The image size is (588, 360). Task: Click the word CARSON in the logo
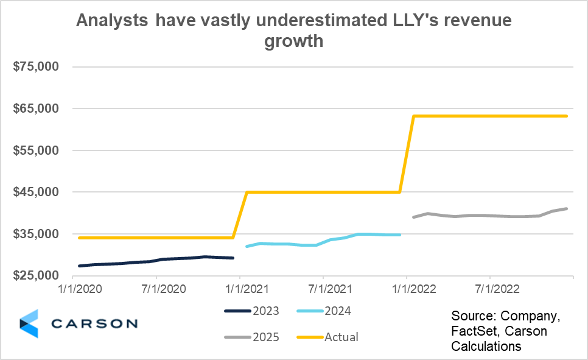[94, 323]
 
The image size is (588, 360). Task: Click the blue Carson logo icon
[29, 323]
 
